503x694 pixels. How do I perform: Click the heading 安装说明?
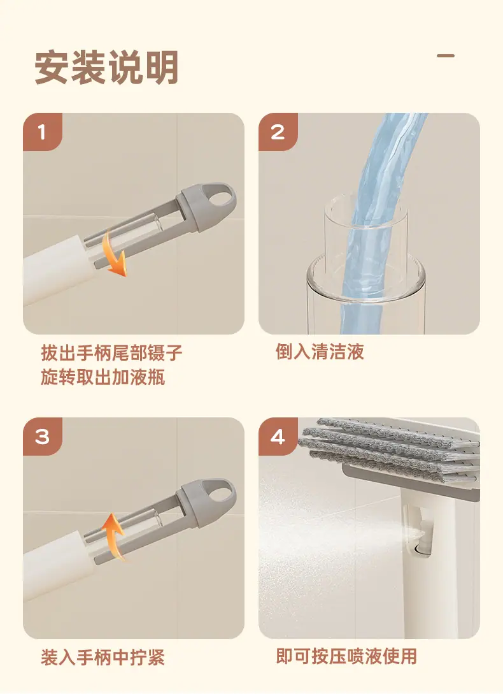106,68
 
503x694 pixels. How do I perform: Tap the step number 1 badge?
43,132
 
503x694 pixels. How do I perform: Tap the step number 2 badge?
278,132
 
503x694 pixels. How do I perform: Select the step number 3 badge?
43,437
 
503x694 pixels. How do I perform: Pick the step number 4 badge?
278,437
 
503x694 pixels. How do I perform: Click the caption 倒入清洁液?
320,352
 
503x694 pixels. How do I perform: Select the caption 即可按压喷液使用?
346,656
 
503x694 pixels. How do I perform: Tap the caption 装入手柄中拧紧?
103,657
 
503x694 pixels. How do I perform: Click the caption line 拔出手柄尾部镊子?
111,353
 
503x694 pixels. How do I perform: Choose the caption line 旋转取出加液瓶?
103,377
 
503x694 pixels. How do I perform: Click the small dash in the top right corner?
446,56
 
